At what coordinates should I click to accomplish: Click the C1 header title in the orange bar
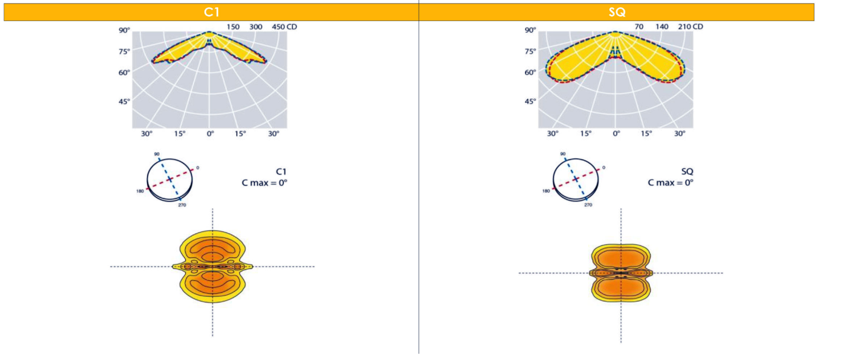211,12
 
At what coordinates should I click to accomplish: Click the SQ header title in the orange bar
617,12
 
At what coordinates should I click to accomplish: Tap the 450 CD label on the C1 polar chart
284,27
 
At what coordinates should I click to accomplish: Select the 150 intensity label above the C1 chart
233,27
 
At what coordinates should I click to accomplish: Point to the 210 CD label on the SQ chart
691,27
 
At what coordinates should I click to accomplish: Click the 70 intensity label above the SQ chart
639,27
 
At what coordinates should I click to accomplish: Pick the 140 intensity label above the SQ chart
662,27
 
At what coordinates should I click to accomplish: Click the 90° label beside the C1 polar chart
124,30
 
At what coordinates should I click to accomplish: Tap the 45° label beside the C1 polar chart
124,101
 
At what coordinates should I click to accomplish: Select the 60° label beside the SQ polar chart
531,72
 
